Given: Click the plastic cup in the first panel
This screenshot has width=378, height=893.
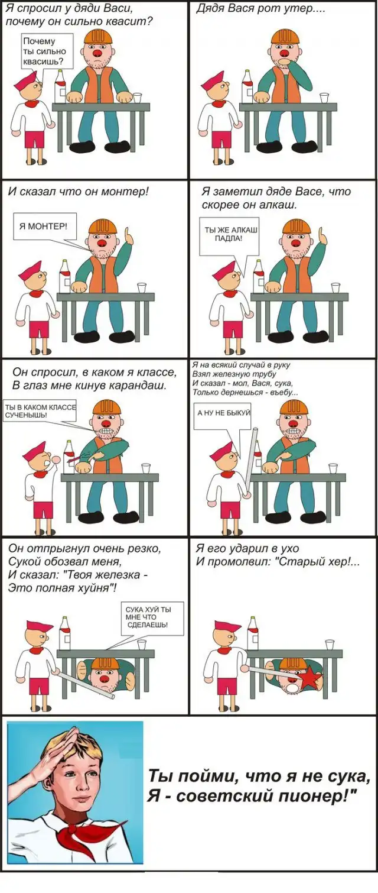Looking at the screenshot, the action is click(138, 98).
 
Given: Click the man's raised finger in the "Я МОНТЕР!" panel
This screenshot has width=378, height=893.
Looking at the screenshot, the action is click(127, 233).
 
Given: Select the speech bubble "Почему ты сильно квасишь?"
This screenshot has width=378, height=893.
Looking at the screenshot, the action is click(47, 51).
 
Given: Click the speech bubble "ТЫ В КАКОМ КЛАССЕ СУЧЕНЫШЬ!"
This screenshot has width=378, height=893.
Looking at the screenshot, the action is click(39, 410).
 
